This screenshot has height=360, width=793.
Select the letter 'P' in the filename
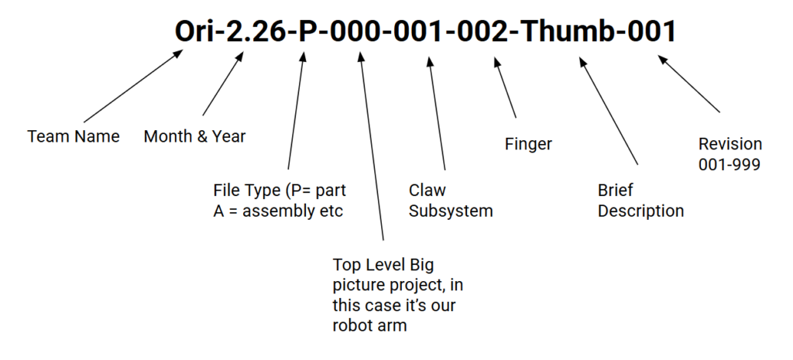(308, 33)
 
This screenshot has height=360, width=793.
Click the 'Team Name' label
(74, 137)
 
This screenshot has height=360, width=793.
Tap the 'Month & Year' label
(194, 137)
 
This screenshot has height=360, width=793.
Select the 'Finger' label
(528, 144)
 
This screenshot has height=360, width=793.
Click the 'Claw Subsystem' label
(451, 200)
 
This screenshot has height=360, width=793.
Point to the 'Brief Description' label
(640, 200)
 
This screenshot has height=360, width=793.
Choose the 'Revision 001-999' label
(730, 153)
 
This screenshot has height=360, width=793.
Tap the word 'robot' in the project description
(354, 325)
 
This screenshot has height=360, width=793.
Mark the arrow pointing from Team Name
(139, 87)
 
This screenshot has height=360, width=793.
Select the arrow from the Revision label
(690, 84)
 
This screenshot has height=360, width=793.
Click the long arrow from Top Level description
(372, 147)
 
